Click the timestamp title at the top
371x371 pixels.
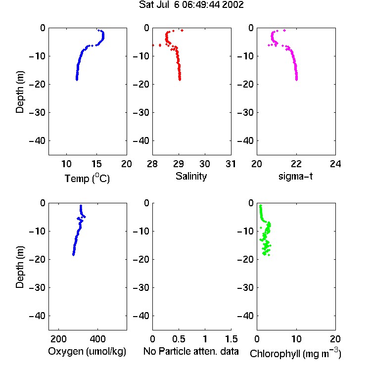[x=191, y=5]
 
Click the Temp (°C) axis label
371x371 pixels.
[x=87, y=178]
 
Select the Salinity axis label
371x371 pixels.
[x=191, y=176]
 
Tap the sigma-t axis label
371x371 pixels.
[x=295, y=176]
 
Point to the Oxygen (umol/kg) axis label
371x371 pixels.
[x=87, y=351]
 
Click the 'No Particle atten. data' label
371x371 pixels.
[x=191, y=351]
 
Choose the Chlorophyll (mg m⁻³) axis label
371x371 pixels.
[x=295, y=353]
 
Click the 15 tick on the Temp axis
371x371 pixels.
[x=96, y=164]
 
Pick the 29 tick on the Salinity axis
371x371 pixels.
[x=179, y=164]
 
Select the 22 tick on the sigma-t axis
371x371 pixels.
[x=296, y=164]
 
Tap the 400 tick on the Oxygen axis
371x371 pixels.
[x=97, y=339]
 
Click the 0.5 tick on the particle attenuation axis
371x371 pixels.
[x=179, y=339]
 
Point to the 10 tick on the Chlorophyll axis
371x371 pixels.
[x=296, y=339]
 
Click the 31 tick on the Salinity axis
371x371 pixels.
[x=231, y=164]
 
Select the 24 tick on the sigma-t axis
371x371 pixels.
[x=335, y=164]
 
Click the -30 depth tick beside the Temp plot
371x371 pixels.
[x=37, y=112]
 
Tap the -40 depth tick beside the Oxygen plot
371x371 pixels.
[x=37, y=316]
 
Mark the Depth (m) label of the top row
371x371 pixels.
[x=20, y=92]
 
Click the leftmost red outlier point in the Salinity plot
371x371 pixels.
[x=153, y=45]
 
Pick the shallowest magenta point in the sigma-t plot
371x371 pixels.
[x=284, y=30]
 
